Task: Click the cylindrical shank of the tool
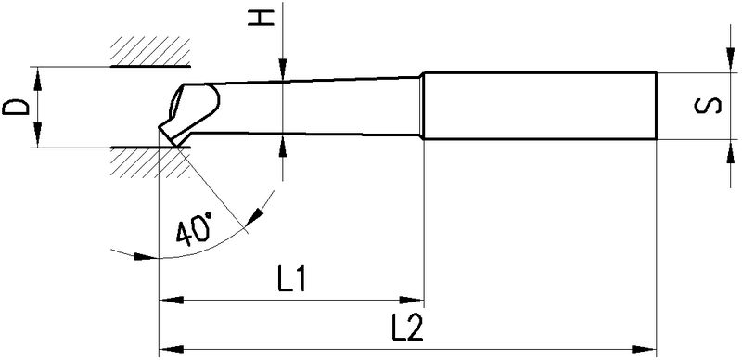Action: coord(538,106)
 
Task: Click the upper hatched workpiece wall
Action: coord(148,54)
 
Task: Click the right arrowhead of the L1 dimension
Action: coord(415,301)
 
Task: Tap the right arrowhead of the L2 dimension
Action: coord(646,349)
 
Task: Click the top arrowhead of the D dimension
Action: coord(39,75)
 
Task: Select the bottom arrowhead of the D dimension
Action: coord(39,139)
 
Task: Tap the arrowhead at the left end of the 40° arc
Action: coord(141,254)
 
